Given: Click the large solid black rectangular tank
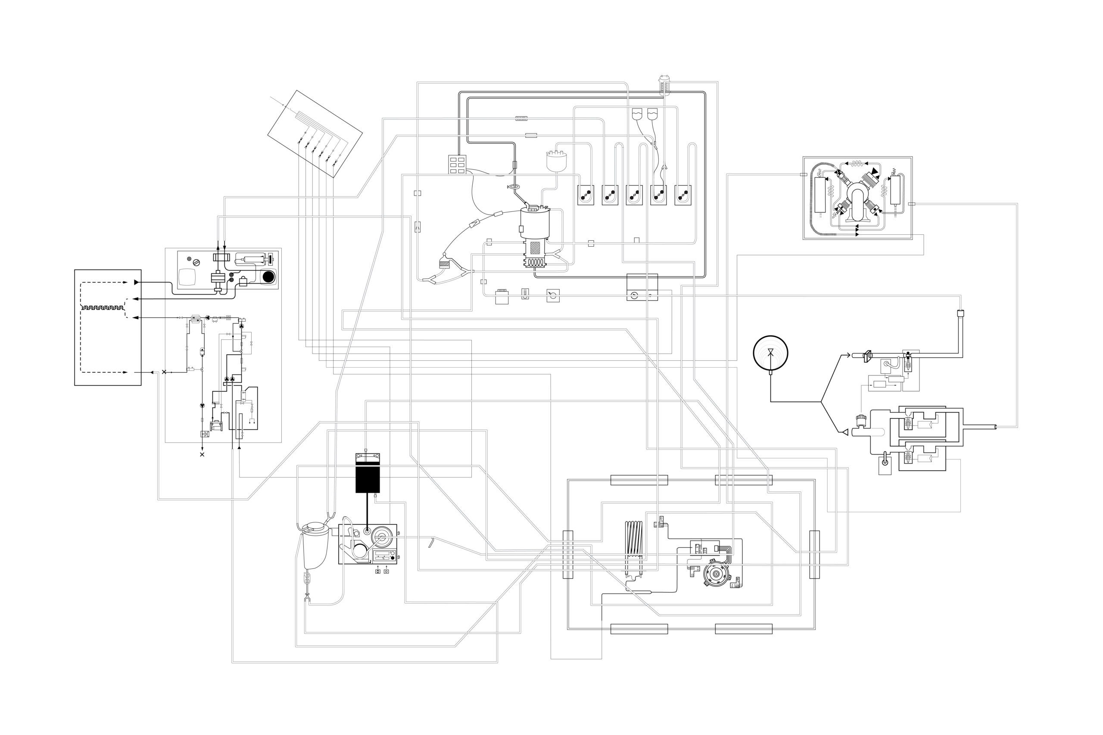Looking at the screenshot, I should click(367, 479).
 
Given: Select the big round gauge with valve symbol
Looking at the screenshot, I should click(770, 353).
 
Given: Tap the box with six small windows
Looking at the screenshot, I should click(457, 164).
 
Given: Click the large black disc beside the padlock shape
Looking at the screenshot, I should click(268, 276).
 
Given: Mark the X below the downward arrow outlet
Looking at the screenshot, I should click(202, 455).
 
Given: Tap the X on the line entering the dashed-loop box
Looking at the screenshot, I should click(164, 372).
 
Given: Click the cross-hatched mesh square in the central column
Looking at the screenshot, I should click(535, 248).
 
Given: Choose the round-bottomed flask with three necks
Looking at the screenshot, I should click(557, 161).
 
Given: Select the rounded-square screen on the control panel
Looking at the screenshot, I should click(189, 276).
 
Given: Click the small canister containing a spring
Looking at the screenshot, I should click(664, 85).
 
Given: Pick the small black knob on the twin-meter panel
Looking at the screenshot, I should click(393, 558).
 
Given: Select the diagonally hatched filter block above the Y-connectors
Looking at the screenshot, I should click(444, 265).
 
